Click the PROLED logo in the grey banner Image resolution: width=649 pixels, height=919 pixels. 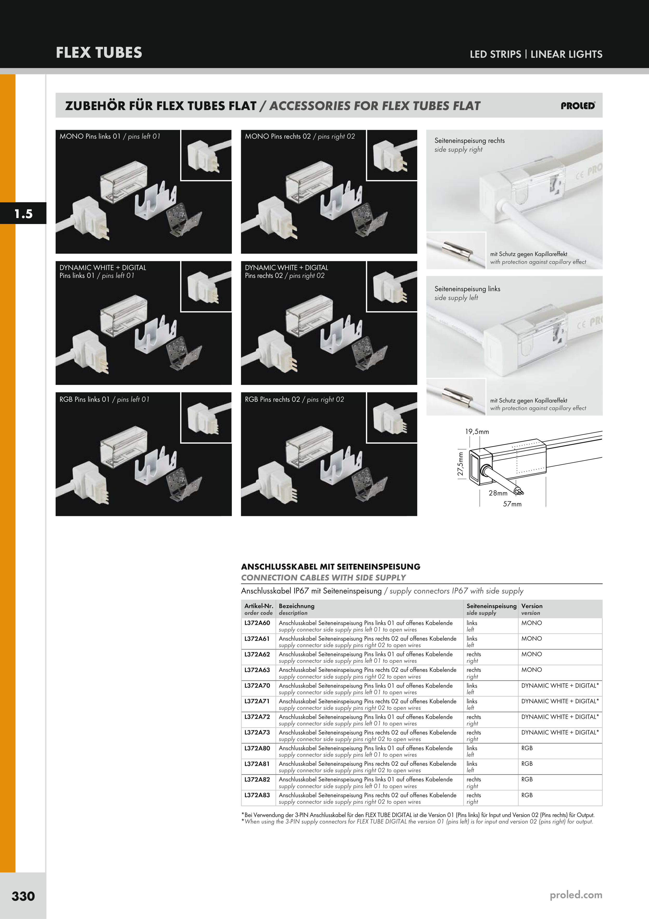click(x=578, y=106)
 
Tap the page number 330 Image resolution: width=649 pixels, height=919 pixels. click(x=23, y=896)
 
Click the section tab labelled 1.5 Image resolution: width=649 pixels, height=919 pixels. click(x=23, y=213)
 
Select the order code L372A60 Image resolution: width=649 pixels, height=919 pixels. click(x=257, y=623)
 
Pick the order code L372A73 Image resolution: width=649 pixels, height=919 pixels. click(x=257, y=732)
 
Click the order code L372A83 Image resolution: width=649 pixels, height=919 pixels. click(x=257, y=795)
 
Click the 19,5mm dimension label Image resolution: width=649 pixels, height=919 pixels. click(x=477, y=431)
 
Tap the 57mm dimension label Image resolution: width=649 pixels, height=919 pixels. click(x=512, y=504)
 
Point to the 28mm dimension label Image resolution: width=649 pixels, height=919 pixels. click(x=498, y=493)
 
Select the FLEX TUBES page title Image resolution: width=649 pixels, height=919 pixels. click(x=99, y=53)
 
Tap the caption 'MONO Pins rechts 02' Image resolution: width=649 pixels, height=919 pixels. click(x=278, y=136)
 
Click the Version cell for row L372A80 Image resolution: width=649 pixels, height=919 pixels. click(x=527, y=748)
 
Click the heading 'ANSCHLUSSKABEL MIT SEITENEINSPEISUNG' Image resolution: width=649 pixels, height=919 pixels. click(x=331, y=566)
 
